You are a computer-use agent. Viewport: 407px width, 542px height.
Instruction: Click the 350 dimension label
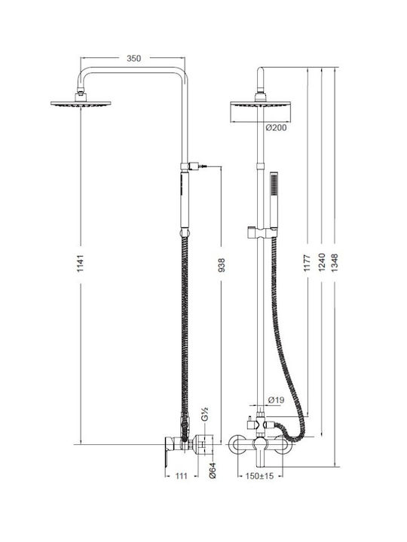(x=133, y=59)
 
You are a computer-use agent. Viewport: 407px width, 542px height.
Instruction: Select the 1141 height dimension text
(x=81, y=263)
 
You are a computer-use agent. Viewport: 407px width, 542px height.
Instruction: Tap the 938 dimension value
(x=221, y=265)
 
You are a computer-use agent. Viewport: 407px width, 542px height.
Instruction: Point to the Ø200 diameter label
(x=276, y=128)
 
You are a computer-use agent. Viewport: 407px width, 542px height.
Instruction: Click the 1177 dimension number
(x=307, y=263)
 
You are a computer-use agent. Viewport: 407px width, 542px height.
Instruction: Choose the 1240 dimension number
(x=322, y=262)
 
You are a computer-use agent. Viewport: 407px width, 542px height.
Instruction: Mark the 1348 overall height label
(x=335, y=263)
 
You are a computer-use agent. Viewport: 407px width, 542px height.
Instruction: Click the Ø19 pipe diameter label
(x=276, y=400)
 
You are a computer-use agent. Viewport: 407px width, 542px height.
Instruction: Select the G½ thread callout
(x=204, y=414)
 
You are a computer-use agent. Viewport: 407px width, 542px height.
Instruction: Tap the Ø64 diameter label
(x=213, y=470)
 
